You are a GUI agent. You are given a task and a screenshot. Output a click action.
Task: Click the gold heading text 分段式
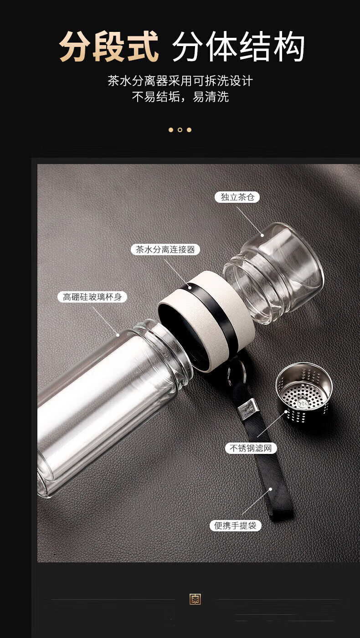click(x=109, y=46)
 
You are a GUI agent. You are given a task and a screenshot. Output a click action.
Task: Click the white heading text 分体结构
click(x=238, y=46)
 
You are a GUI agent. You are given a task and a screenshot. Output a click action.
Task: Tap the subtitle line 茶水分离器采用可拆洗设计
click(x=180, y=81)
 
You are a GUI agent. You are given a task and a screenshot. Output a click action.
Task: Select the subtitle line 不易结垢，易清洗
click(x=180, y=97)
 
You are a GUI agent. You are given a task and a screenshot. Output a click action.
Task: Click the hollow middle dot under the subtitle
click(x=180, y=130)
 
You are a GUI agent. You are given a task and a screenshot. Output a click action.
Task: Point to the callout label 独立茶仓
click(x=237, y=197)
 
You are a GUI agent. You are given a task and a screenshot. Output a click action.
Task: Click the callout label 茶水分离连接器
click(x=165, y=250)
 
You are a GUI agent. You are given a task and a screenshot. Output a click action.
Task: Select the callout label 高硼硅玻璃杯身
click(x=92, y=297)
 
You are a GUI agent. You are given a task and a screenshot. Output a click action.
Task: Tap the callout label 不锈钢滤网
click(x=251, y=448)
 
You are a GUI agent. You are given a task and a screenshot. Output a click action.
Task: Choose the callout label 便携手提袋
click(x=235, y=525)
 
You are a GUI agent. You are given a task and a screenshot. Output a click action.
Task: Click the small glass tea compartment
click(x=273, y=273)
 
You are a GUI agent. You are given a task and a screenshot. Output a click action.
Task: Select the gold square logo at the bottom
click(x=195, y=599)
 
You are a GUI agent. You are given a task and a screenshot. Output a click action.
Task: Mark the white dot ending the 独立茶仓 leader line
click(x=262, y=235)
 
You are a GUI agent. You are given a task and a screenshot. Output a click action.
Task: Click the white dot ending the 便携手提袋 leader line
click(x=271, y=489)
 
